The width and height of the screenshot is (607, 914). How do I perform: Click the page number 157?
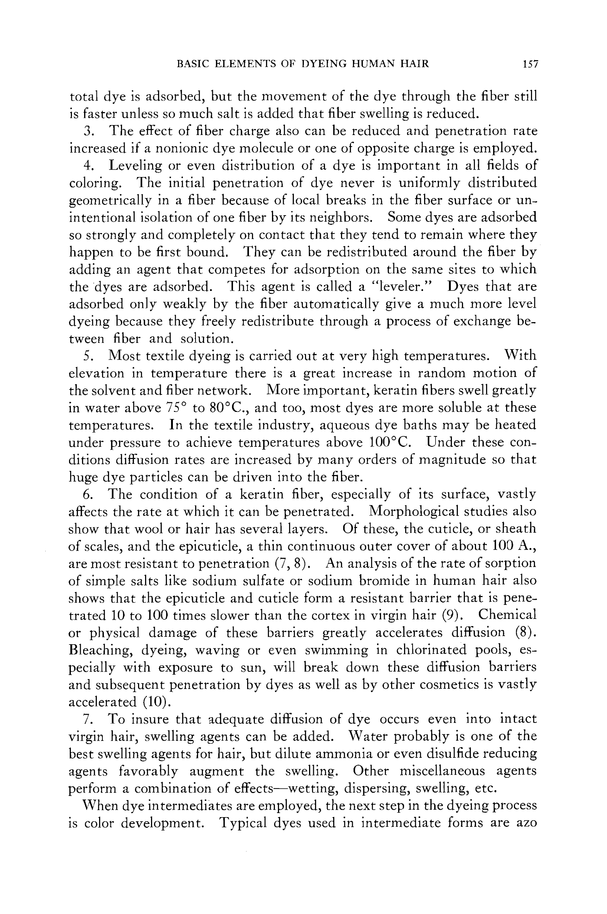pos(530,64)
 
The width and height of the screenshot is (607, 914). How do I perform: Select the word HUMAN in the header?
pos(374,64)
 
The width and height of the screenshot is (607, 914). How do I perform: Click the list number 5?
pos(88,356)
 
